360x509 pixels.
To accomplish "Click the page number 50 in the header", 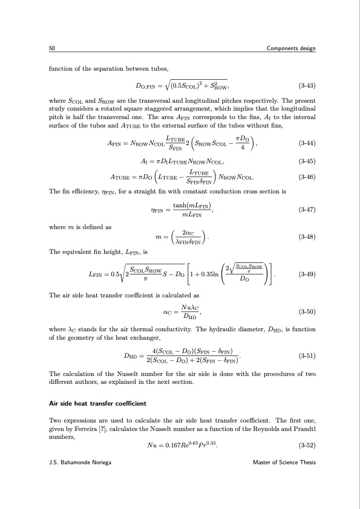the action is point(52,48).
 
